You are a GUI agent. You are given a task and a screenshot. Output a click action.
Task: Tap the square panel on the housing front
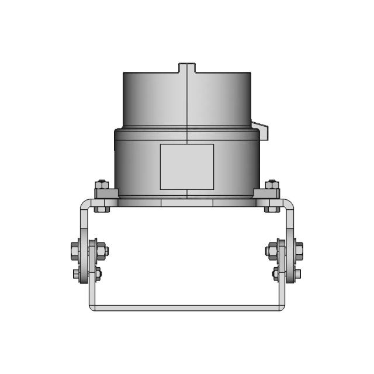[186, 167]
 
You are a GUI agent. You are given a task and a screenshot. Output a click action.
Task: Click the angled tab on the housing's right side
[261, 130]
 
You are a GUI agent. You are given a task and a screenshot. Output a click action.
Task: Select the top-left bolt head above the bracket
[102, 185]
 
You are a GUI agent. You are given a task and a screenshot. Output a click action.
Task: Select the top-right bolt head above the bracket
[271, 185]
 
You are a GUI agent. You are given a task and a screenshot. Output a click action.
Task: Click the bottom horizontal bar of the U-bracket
[187, 307]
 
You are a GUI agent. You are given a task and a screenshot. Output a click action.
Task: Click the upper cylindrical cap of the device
[187, 99]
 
